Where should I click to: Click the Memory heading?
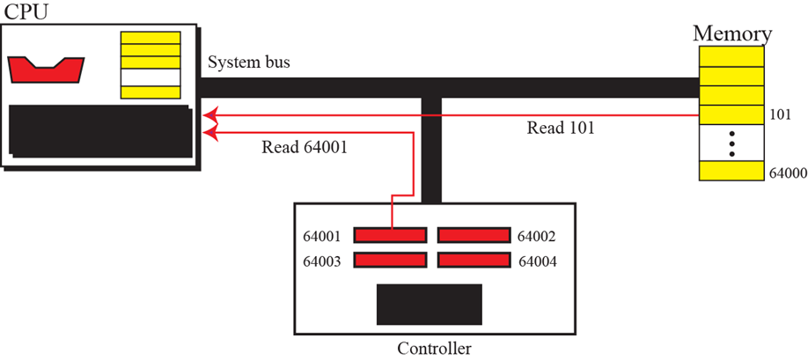point(732,33)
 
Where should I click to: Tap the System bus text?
point(249,63)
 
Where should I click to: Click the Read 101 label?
point(561,128)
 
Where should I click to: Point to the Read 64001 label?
point(305,147)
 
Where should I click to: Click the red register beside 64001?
point(391,235)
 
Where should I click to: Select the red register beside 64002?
point(474,235)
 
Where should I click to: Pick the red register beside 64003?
point(391,261)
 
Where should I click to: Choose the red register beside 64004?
point(474,261)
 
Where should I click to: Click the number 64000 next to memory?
point(788,173)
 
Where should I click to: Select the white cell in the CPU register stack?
point(151,77)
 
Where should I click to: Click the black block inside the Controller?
point(429,305)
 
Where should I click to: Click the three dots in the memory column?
point(731,143)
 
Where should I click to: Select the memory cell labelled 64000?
point(731,171)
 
